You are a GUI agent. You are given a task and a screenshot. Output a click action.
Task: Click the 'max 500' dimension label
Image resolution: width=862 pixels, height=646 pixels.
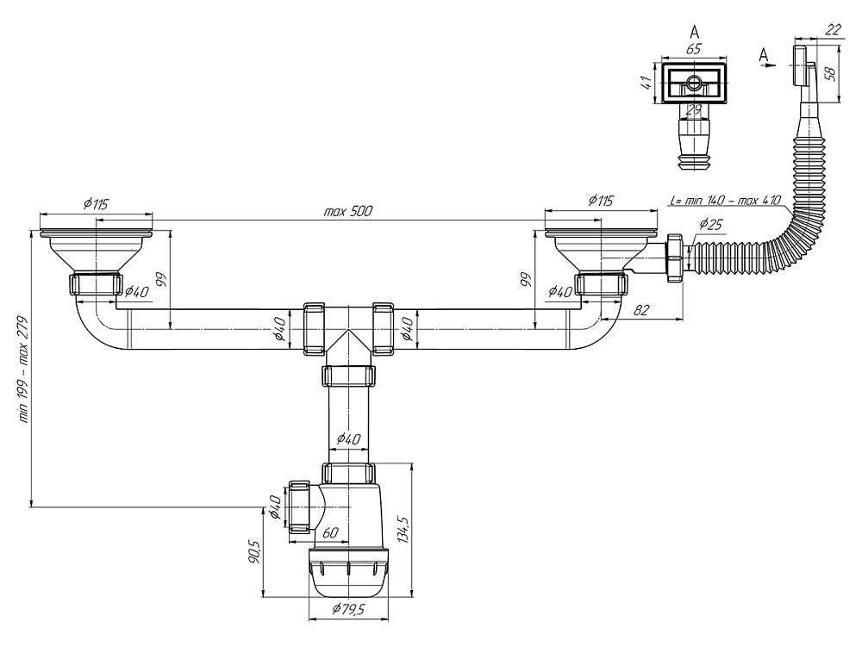(x=347, y=211)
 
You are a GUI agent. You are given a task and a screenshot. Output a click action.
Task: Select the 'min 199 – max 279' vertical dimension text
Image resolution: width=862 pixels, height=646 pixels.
(x=22, y=370)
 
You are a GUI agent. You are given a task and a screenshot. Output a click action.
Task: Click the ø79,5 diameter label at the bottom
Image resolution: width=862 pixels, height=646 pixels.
(x=348, y=609)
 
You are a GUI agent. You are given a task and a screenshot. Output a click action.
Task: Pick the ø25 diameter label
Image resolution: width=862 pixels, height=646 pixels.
(x=711, y=224)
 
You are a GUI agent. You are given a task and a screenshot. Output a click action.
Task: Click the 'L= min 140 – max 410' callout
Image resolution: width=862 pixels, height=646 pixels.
(x=726, y=200)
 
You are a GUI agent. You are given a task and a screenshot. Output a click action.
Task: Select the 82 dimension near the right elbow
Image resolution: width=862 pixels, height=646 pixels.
(x=641, y=310)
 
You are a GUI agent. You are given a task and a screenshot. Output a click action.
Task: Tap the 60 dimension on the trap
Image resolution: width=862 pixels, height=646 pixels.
(x=330, y=531)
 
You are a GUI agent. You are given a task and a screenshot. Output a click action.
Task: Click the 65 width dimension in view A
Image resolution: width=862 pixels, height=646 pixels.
(x=694, y=48)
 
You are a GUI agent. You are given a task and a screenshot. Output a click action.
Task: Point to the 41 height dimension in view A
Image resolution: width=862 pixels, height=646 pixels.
(x=646, y=83)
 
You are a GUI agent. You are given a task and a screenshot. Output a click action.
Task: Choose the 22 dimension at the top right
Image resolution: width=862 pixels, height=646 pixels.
(x=834, y=29)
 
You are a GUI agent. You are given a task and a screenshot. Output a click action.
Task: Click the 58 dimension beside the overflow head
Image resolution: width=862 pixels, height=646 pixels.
(x=831, y=72)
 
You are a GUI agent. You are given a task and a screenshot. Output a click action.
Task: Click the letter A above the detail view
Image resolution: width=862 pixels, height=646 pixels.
(x=694, y=31)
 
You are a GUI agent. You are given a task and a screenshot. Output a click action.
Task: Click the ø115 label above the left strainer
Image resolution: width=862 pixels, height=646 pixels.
(x=96, y=204)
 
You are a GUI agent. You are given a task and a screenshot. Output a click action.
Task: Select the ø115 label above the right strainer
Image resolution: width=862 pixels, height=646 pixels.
(x=600, y=200)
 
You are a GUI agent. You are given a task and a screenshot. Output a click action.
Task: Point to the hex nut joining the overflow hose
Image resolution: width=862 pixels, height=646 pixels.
(x=675, y=258)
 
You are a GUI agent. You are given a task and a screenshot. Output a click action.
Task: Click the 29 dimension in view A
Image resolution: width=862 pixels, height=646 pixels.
(x=694, y=110)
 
